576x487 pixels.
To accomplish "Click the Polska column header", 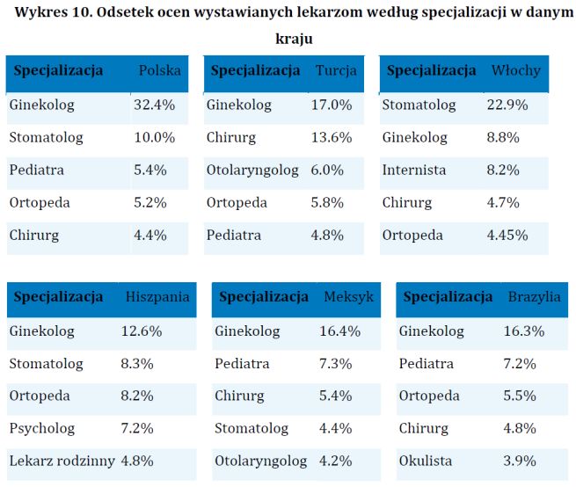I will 160,70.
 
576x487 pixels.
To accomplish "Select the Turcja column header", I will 336,70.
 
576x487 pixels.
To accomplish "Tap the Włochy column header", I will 516,70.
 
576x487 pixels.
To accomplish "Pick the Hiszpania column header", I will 157,297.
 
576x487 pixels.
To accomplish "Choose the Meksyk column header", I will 348,297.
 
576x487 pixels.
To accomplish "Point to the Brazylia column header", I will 534,297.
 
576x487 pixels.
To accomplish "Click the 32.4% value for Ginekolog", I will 154,105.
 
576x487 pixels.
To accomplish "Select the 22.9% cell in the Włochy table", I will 507,105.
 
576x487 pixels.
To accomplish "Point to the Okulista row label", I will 426,461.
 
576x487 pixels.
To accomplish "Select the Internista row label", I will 414,170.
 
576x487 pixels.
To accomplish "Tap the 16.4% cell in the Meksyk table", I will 340,331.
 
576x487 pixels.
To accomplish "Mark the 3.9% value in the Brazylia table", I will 520,461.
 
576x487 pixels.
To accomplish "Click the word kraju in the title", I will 288,40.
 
